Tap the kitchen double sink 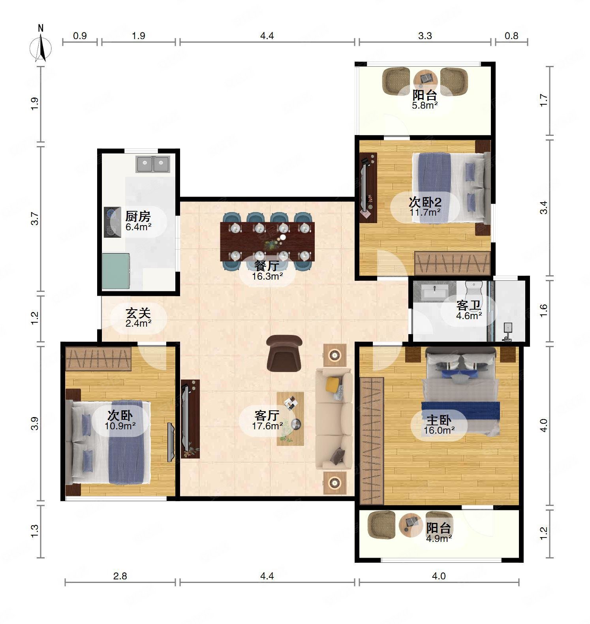point(153,164)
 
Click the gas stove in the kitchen point(112,222)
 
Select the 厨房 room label point(138,216)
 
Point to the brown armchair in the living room point(284,353)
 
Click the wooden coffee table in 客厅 point(290,419)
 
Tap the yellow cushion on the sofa point(333,383)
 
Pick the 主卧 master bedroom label point(439,419)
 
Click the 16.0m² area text point(439,430)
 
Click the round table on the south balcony point(411,523)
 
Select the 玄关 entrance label point(138,313)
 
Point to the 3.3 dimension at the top point(425,36)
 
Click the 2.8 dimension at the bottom point(120,576)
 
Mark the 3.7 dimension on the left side point(36,219)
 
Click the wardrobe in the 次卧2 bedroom point(453,263)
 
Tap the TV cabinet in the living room point(190,419)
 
